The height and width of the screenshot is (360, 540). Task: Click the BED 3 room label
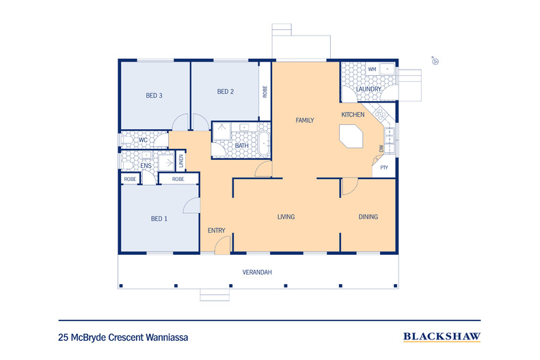tap(154, 96)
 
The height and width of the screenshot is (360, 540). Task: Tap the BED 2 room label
tap(226, 92)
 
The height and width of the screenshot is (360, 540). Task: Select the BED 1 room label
tap(159, 219)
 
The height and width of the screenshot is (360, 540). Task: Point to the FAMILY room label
tap(304, 120)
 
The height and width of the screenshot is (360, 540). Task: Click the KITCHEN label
tap(353, 114)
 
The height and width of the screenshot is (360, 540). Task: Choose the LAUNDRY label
tap(368, 89)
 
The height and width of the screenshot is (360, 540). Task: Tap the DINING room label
tap(368, 217)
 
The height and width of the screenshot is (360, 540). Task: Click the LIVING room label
tap(286, 217)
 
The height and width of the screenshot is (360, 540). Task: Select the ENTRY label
tap(216, 230)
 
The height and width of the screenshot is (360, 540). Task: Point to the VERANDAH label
tap(257, 272)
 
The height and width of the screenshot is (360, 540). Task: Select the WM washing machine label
tap(372, 69)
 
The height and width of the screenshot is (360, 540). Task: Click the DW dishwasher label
tap(381, 148)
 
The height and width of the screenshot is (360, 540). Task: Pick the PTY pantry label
tap(384, 166)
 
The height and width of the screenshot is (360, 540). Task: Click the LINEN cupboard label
tap(181, 162)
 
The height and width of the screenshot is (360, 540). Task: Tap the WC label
tap(144, 140)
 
